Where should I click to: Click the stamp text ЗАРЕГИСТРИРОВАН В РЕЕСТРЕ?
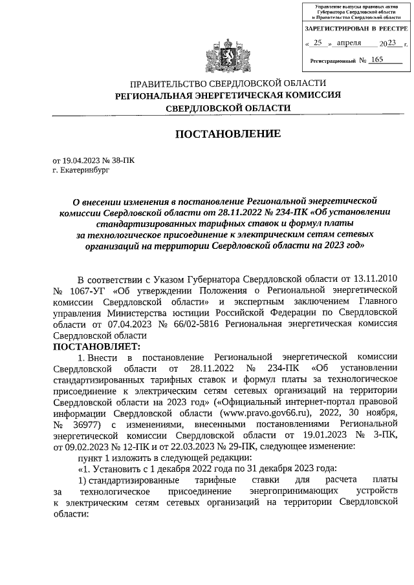point(355,29)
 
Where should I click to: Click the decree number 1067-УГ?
point(89,290)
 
